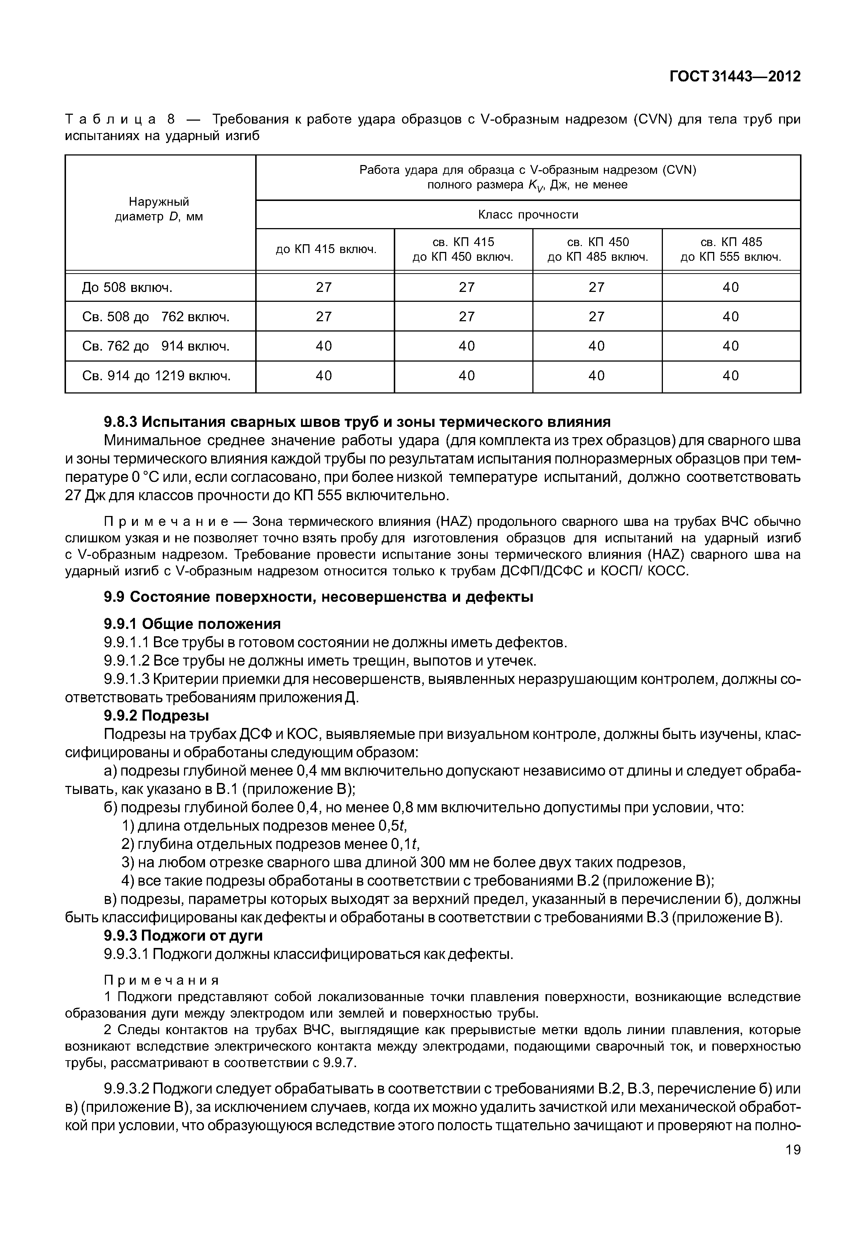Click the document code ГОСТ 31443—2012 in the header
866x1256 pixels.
735,77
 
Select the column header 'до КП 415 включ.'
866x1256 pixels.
326,250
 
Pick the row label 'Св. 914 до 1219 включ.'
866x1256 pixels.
156,376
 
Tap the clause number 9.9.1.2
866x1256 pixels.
126,661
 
